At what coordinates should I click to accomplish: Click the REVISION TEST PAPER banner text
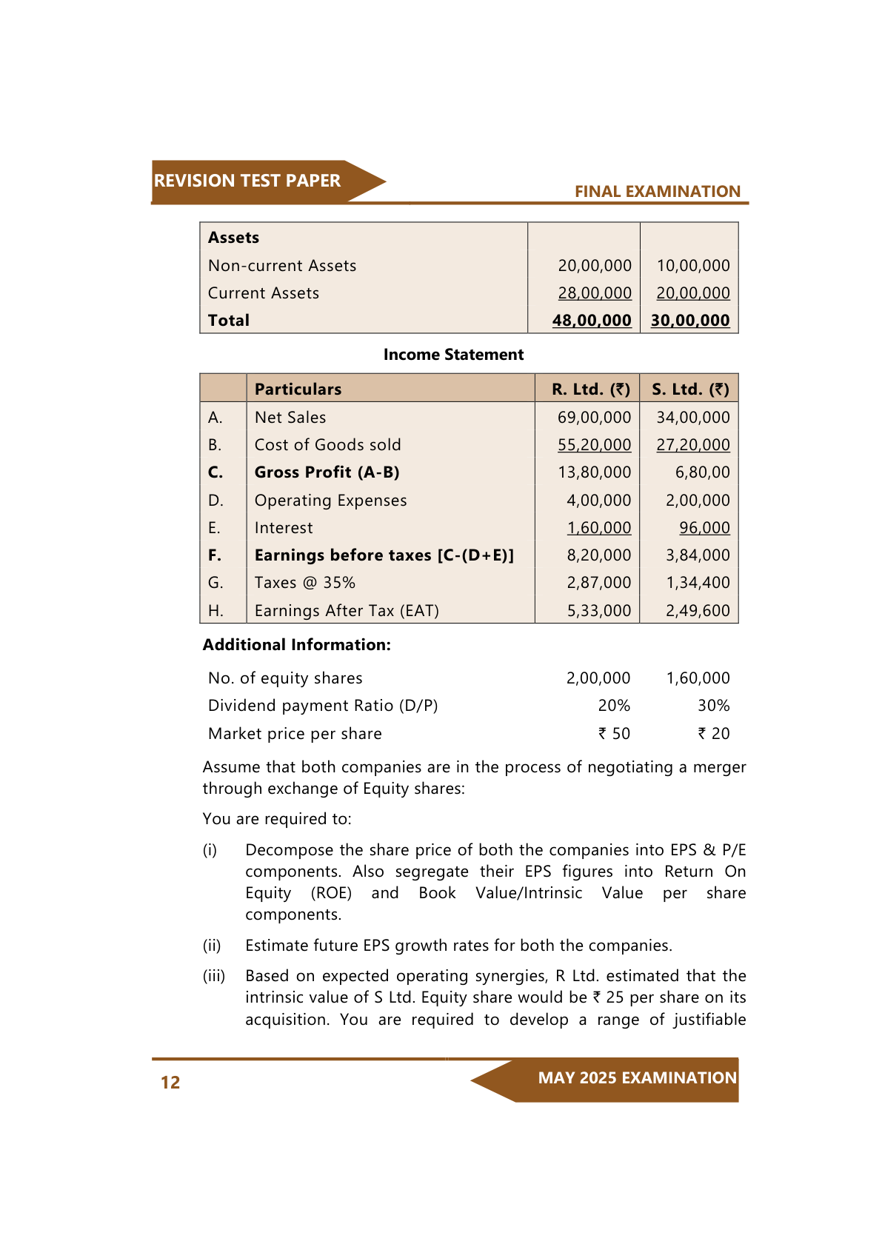[x=247, y=181]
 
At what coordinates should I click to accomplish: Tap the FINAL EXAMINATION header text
[x=657, y=192]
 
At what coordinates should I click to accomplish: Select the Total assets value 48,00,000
[x=592, y=321]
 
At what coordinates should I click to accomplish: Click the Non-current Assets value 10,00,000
[x=692, y=266]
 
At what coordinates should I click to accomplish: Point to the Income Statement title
[x=453, y=355]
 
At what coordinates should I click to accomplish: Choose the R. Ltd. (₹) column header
[x=590, y=390]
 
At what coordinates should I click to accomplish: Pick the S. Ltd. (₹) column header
[x=690, y=390]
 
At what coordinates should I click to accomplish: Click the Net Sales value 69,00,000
[x=594, y=418]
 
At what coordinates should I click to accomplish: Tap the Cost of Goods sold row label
[x=327, y=445]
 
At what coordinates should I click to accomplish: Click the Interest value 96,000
[x=704, y=528]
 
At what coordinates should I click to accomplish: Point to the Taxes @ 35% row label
[x=304, y=583]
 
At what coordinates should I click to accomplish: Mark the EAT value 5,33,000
[x=598, y=611]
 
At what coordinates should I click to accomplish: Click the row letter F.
[x=215, y=555]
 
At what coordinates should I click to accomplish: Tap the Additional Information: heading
[x=296, y=645]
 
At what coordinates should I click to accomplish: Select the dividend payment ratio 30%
[x=713, y=706]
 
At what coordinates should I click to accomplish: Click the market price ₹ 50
[x=614, y=734]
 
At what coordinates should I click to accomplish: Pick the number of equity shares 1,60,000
[x=698, y=678]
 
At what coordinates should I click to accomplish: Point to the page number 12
[x=170, y=1083]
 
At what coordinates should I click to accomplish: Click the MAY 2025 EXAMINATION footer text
[x=637, y=1078]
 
